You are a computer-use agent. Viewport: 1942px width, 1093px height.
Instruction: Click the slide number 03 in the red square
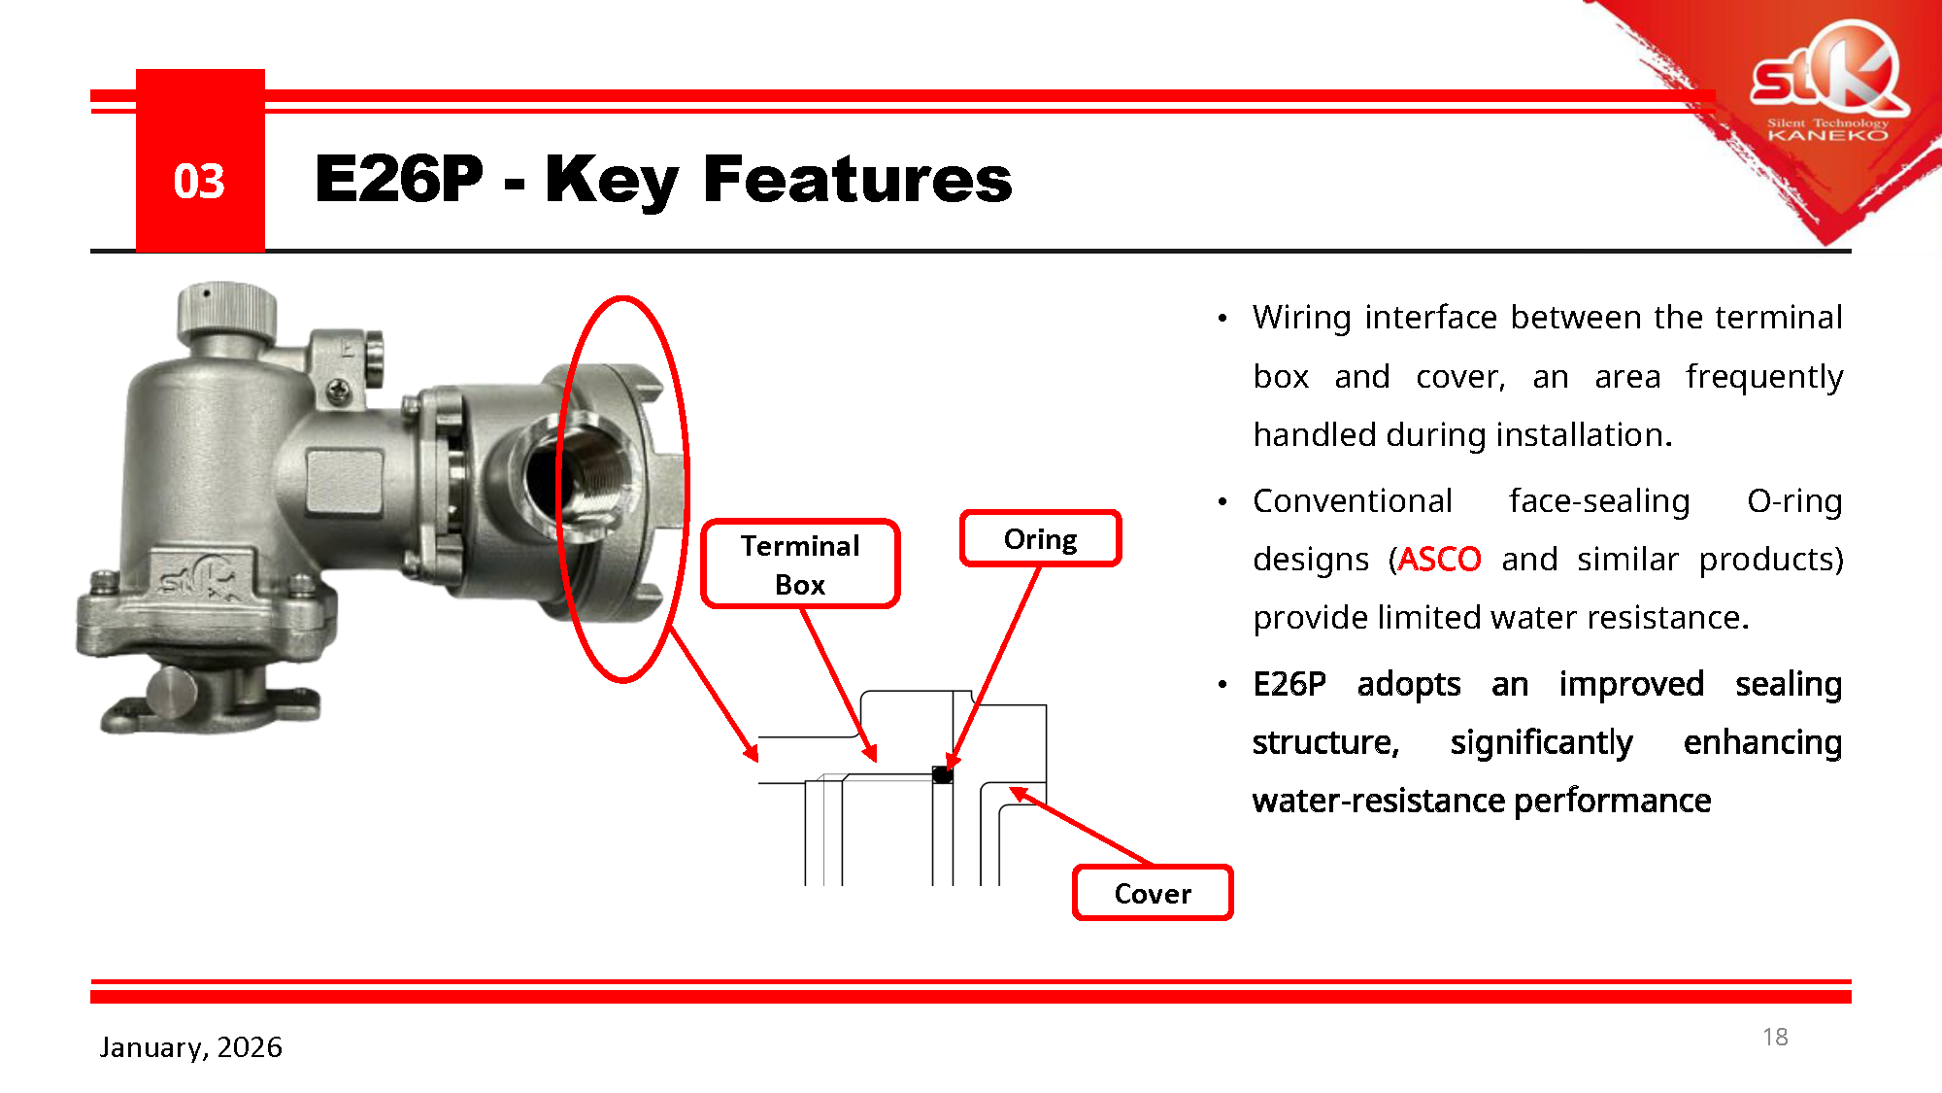tap(199, 182)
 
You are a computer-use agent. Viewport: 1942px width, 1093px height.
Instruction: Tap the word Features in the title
tap(857, 180)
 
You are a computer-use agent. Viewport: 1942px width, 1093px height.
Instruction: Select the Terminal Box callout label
tap(800, 564)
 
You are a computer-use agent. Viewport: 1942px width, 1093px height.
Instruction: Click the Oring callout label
tap(1040, 538)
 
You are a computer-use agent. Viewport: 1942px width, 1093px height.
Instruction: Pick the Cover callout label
tap(1153, 893)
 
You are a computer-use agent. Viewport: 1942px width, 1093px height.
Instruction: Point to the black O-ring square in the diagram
tap(942, 774)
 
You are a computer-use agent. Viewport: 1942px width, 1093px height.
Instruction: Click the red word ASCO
tap(1439, 559)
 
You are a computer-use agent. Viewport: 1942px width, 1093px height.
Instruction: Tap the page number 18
tap(1775, 1037)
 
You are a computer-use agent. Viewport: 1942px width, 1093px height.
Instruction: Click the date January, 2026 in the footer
tap(190, 1046)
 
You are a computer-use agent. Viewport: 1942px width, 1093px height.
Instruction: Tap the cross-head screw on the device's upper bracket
tap(338, 391)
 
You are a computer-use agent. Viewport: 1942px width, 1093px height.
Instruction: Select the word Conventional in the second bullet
tap(1353, 500)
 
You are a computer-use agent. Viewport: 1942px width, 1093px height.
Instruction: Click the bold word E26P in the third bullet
tap(1289, 684)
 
